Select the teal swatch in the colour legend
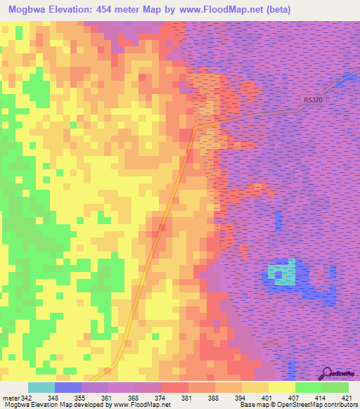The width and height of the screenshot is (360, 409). coord(41,388)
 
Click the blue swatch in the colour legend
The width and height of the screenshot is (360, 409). coord(67,388)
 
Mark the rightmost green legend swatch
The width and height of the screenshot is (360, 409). coord(335,388)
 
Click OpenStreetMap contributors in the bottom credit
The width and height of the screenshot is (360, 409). coord(324,404)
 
